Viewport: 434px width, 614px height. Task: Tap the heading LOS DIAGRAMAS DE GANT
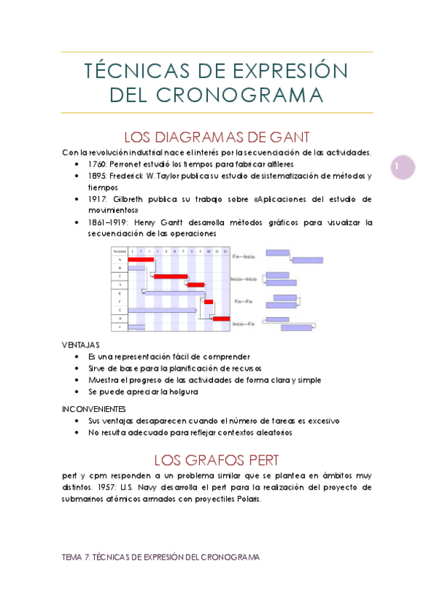click(x=217, y=137)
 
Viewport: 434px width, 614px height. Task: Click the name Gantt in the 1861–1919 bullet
click(x=193, y=222)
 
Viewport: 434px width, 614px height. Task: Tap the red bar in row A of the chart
click(x=141, y=258)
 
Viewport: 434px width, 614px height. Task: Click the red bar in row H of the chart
click(x=221, y=318)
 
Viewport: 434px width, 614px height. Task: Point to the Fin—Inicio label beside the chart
click(x=244, y=256)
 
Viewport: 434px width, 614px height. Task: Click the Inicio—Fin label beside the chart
click(x=243, y=324)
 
